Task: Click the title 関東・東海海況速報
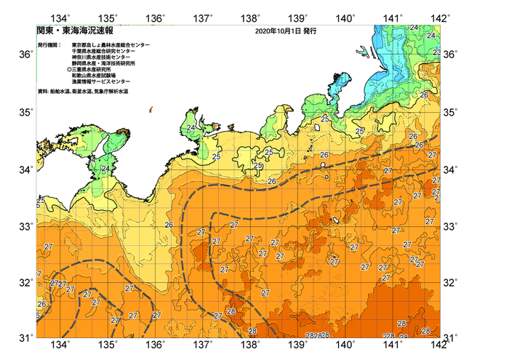(70, 32)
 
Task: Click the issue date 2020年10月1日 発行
(286, 32)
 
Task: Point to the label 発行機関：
(48, 45)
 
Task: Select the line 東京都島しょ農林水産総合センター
(111, 45)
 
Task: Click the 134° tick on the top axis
(62, 17)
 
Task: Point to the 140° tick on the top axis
(345, 17)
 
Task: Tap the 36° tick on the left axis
(25, 55)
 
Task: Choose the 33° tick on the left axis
(25, 226)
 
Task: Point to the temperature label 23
(436, 52)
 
